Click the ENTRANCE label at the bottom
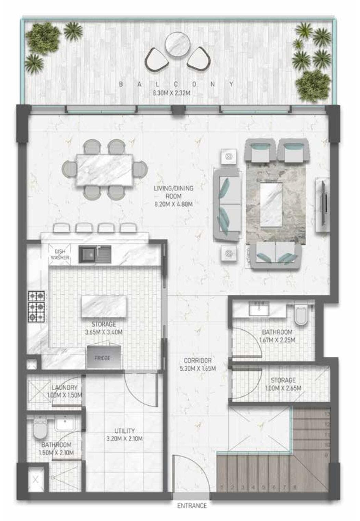tap(192, 505)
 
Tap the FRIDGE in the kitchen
tap(102, 358)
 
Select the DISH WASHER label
tap(60, 255)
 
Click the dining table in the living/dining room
tap(104, 169)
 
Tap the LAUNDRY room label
tap(65, 388)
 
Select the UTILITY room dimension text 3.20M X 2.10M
tap(125, 439)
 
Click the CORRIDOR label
tap(197, 360)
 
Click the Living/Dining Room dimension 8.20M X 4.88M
tap(173, 205)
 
